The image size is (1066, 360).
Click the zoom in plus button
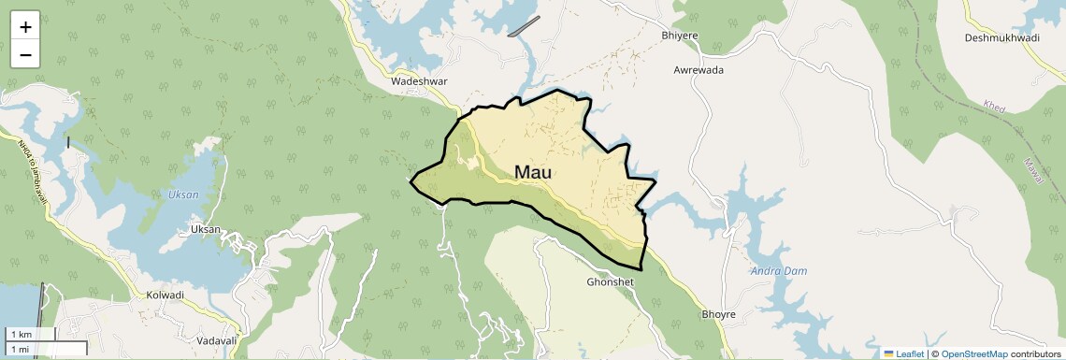point(25,27)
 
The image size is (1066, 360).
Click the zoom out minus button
point(25,55)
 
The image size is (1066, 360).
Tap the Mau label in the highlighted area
point(533,173)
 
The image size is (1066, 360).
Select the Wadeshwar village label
point(421,82)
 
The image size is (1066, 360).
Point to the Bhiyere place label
point(680,36)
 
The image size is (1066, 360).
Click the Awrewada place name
point(699,70)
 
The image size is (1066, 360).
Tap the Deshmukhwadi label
point(1002,38)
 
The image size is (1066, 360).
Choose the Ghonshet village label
point(611,281)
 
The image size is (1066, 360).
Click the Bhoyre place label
point(719,314)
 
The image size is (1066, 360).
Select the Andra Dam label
point(778,271)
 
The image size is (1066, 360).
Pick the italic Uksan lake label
point(183,195)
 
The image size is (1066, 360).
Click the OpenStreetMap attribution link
point(974,353)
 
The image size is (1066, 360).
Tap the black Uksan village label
point(206,229)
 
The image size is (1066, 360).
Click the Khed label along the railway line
point(994,108)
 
